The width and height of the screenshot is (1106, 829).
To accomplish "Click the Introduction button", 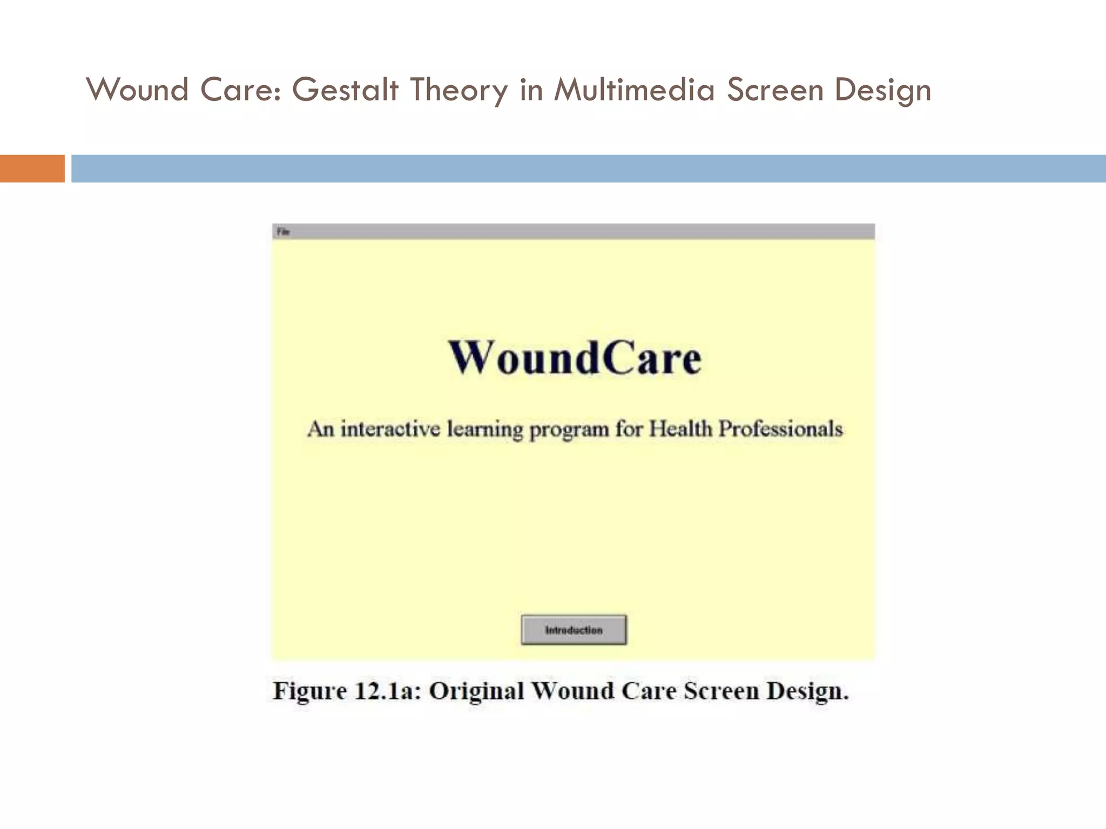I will [x=574, y=630].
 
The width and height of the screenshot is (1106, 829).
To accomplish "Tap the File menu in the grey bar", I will [x=283, y=232].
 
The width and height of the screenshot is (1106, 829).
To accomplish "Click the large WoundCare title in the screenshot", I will [x=574, y=358].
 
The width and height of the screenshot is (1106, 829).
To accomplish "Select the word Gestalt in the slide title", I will [x=345, y=90].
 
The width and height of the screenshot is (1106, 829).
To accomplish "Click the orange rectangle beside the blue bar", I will [x=32, y=168].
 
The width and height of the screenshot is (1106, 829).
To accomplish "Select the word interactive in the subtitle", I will [x=389, y=429].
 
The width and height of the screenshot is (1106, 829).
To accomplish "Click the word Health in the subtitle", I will [x=680, y=429].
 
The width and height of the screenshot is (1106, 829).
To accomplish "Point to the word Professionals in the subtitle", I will [x=780, y=429].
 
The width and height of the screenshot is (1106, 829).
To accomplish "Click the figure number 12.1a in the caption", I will [x=387, y=691].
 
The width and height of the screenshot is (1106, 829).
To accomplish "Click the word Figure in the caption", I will [x=309, y=691].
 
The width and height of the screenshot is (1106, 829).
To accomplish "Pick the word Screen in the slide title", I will [x=775, y=90].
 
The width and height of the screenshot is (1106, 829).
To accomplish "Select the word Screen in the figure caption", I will [x=721, y=691].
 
